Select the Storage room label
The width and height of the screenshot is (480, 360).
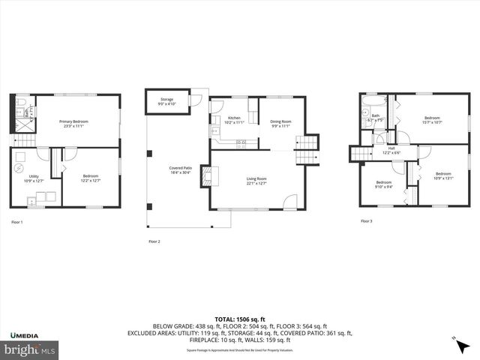pos(166,99)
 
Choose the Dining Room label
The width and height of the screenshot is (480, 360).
pos(281,121)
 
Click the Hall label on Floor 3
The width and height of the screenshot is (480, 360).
pos(391,148)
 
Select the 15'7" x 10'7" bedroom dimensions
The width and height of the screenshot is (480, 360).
pos(432,122)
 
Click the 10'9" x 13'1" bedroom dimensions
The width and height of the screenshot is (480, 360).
pos(444,178)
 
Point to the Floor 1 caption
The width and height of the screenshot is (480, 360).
pos(17,222)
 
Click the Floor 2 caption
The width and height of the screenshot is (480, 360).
pos(154,241)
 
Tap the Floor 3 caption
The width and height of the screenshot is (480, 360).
pos(366,221)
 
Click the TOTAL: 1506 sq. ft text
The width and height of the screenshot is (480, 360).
pos(240,319)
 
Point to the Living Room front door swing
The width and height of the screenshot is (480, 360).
pos(290,201)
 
